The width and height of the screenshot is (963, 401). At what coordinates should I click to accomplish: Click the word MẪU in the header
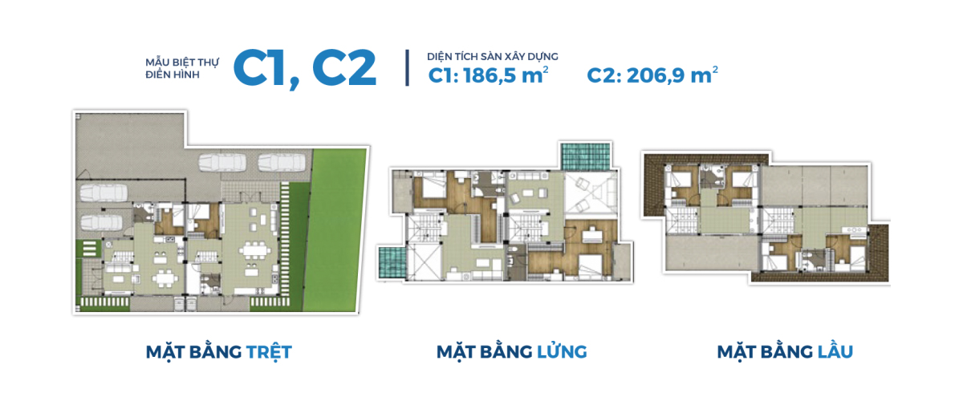click(x=157, y=63)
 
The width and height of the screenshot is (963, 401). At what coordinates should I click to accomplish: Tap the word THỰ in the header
click(x=209, y=63)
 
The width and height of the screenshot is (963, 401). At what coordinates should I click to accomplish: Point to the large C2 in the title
click(x=344, y=68)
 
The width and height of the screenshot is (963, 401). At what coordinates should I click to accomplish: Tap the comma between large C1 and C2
click(x=295, y=83)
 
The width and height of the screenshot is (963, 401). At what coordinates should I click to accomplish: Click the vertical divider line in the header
click(x=407, y=68)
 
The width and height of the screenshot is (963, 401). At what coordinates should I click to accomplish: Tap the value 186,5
click(x=490, y=76)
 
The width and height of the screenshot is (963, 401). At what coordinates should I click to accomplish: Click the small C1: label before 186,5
click(x=444, y=75)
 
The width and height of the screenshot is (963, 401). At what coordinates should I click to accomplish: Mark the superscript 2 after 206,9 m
click(x=715, y=69)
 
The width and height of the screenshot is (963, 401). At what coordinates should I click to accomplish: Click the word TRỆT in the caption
click(x=269, y=352)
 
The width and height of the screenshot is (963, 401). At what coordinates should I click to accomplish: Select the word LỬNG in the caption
click(x=562, y=351)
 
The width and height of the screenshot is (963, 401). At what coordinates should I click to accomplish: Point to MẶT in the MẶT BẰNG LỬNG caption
click(x=456, y=352)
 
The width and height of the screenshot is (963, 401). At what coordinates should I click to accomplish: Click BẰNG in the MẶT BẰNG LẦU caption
click(x=786, y=351)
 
